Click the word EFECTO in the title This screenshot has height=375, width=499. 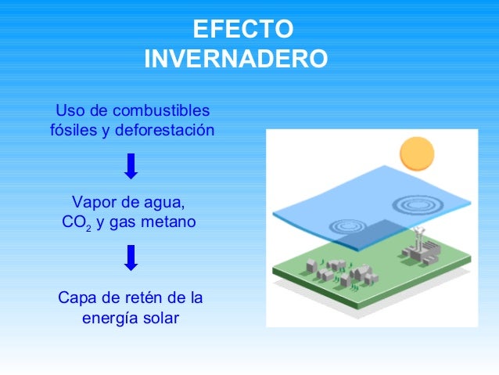pos(243,29)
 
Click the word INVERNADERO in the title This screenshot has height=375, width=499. pos(236,59)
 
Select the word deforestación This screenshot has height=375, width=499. pos(164,130)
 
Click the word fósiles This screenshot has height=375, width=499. pos(74,130)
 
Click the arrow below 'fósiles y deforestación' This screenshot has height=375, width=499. pos(131,166)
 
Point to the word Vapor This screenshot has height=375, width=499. pos(93,203)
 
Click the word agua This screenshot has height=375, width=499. pos(163,203)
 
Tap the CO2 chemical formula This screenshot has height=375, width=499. pos(77,223)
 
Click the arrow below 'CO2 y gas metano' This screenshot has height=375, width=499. pos(131,258)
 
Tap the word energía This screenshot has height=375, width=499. pos(111,318)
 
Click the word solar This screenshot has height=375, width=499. pos(161,318)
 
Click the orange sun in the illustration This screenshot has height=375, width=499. pos(417,153)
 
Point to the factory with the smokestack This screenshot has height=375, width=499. pos(418,247)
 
